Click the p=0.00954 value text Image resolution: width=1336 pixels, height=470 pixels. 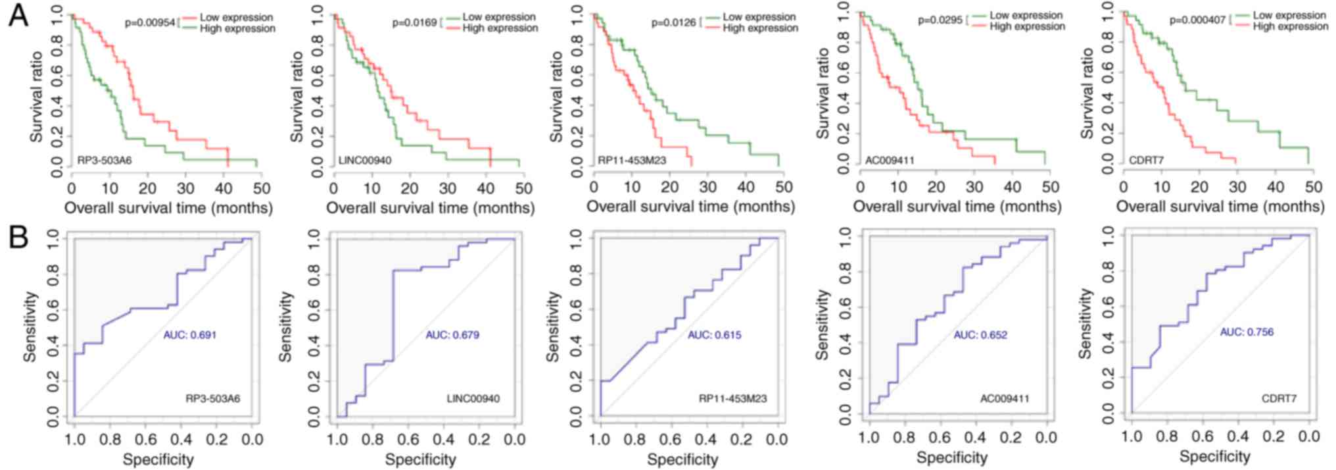click(150, 23)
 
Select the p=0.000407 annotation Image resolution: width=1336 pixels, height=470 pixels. click(1197, 20)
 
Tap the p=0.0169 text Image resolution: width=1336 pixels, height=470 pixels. click(414, 23)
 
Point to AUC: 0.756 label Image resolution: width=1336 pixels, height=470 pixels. click(1247, 332)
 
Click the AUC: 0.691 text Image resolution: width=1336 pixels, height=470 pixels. click(189, 335)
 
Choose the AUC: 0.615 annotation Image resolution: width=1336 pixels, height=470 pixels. click(714, 335)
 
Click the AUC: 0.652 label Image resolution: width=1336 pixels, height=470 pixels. click(980, 335)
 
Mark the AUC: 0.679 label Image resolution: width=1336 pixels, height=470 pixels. click(452, 335)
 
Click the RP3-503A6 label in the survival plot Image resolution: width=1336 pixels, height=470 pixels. click(105, 160)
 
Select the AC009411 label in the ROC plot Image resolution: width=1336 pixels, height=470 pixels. click(1005, 399)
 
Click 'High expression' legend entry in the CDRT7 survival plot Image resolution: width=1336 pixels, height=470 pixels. click(1291, 26)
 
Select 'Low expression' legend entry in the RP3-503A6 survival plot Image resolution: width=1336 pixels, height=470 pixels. click(236, 17)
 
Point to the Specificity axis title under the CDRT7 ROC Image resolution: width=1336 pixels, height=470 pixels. click(1214, 456)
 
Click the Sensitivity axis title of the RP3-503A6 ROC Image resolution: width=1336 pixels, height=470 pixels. click(30, 327)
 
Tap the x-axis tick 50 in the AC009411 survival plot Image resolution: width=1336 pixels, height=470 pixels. click(1050, 187)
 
